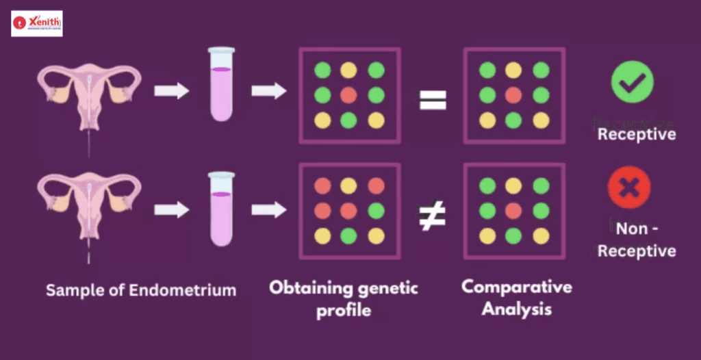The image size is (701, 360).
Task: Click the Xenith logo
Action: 37,23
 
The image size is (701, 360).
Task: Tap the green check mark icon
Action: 632,81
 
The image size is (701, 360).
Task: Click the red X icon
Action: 629,188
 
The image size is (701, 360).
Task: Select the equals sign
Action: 433,101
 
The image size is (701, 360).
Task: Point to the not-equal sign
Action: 433,216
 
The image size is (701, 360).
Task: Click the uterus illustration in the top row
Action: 89,96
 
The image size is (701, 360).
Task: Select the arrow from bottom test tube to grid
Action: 269,209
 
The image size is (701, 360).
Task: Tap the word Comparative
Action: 516,286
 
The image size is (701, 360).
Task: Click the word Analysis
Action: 516,309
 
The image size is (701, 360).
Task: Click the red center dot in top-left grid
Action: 349,95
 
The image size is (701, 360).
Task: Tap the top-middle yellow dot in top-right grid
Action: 513,70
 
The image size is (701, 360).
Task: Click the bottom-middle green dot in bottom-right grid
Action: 513,236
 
